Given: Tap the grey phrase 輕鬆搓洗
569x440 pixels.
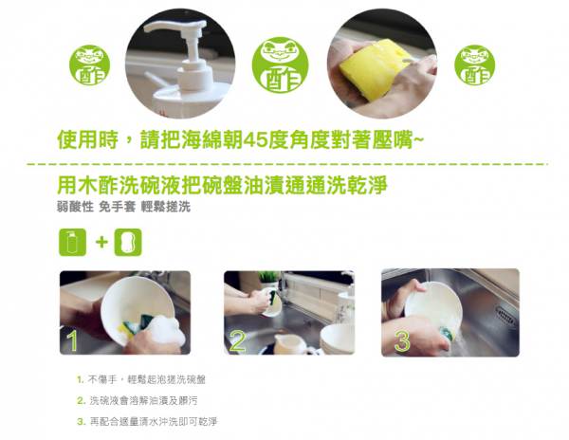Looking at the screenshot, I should pos(166,205).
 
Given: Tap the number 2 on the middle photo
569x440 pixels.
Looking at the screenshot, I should pos(237,340).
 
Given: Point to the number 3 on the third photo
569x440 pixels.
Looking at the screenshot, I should pos(401,340).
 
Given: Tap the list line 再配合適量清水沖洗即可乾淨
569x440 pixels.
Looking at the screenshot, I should pos(157,421).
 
